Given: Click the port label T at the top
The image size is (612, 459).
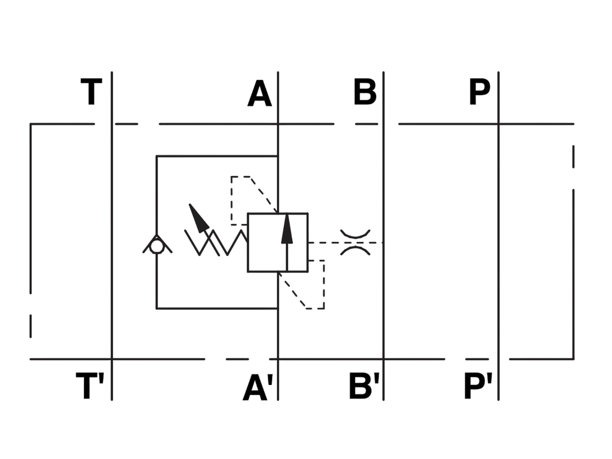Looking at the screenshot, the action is (91, 92).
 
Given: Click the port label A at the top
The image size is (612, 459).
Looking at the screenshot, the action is (260, 93).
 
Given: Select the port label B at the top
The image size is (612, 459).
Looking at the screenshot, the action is (365, 92).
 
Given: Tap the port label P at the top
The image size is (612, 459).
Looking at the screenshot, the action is (479, 91).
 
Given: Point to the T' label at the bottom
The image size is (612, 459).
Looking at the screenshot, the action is (90, 386).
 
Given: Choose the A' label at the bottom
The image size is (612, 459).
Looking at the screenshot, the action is (258, 387).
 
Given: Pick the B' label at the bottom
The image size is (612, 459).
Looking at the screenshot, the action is (364, 386).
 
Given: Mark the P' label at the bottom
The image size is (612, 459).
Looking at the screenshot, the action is (478, 386).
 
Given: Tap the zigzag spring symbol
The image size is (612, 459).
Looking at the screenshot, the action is (216, 243).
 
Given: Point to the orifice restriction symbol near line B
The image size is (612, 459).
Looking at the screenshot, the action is (355, 243).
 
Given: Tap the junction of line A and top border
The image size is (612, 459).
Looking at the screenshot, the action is (278, 124).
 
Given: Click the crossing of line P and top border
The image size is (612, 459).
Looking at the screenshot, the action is (498, 124).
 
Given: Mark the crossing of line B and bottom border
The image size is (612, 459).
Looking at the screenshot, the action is (384, 359).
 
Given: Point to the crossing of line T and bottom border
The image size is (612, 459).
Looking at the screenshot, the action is (112, 359).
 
